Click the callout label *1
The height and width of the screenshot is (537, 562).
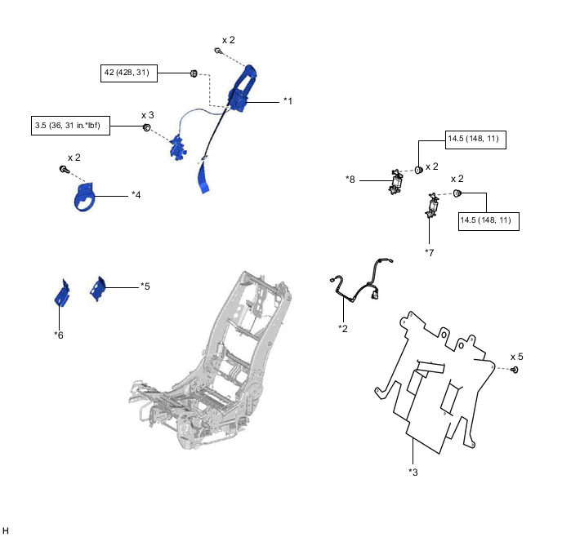(x=288, y=100)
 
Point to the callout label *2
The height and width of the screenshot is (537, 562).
(x=343, y=328)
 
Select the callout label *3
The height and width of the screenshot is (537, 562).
(x=413, y=471)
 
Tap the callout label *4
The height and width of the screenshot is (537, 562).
(x=136, y=194)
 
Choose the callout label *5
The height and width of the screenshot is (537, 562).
(x=145, y=286)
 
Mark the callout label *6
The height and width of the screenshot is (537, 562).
(x=59, y=335)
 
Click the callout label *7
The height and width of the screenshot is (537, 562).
(x=429, y=252)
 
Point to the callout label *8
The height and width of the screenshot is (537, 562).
(x=350, y=179)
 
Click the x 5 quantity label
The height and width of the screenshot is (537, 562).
(x=517, y=357)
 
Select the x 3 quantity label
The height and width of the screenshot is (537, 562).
(x=148, y=115)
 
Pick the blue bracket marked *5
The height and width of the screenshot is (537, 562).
(x=99, y=288)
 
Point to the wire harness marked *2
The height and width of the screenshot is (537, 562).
(x=359, y=281)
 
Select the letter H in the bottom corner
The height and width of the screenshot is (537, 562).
(x=6, y=530)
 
